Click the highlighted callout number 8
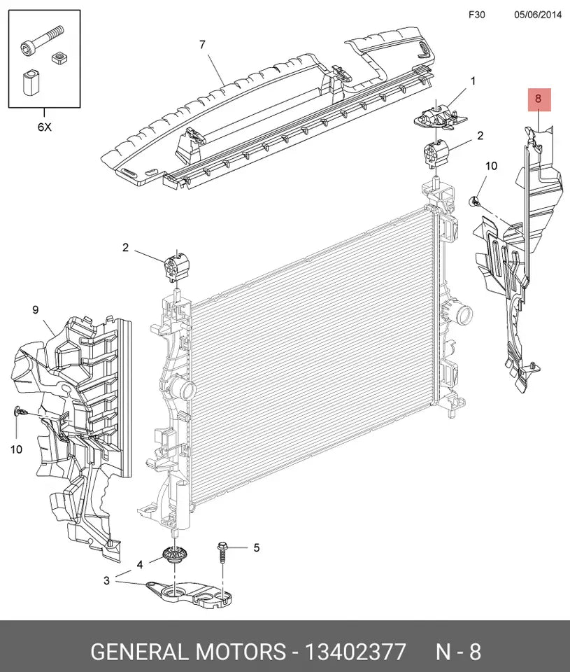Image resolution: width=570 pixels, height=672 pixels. click(538, 99)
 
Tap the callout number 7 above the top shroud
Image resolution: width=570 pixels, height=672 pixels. click(202, 45)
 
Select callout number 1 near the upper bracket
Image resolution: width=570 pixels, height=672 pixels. click(473, 81)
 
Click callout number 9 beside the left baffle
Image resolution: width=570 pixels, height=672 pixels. click(35, 309)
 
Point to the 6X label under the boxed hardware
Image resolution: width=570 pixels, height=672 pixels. click(44, 127)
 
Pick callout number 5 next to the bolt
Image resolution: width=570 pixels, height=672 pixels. click(256, 547)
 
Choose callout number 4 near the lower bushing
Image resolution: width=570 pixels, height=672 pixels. click(140, 563)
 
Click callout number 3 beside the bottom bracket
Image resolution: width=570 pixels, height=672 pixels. click(106, 580)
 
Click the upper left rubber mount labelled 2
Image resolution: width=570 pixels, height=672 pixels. click(178, 266)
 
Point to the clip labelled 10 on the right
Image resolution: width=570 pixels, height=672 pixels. click(474, 201)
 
